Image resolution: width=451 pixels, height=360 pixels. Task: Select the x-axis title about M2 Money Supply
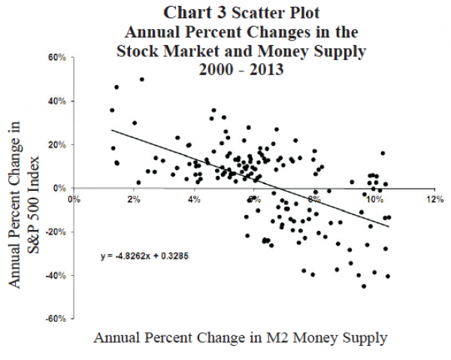[x=241, y=338]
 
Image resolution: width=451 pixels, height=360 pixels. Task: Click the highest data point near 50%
[x=141, y=79]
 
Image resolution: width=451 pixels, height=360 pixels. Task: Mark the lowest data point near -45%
[x=364, y=286]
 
